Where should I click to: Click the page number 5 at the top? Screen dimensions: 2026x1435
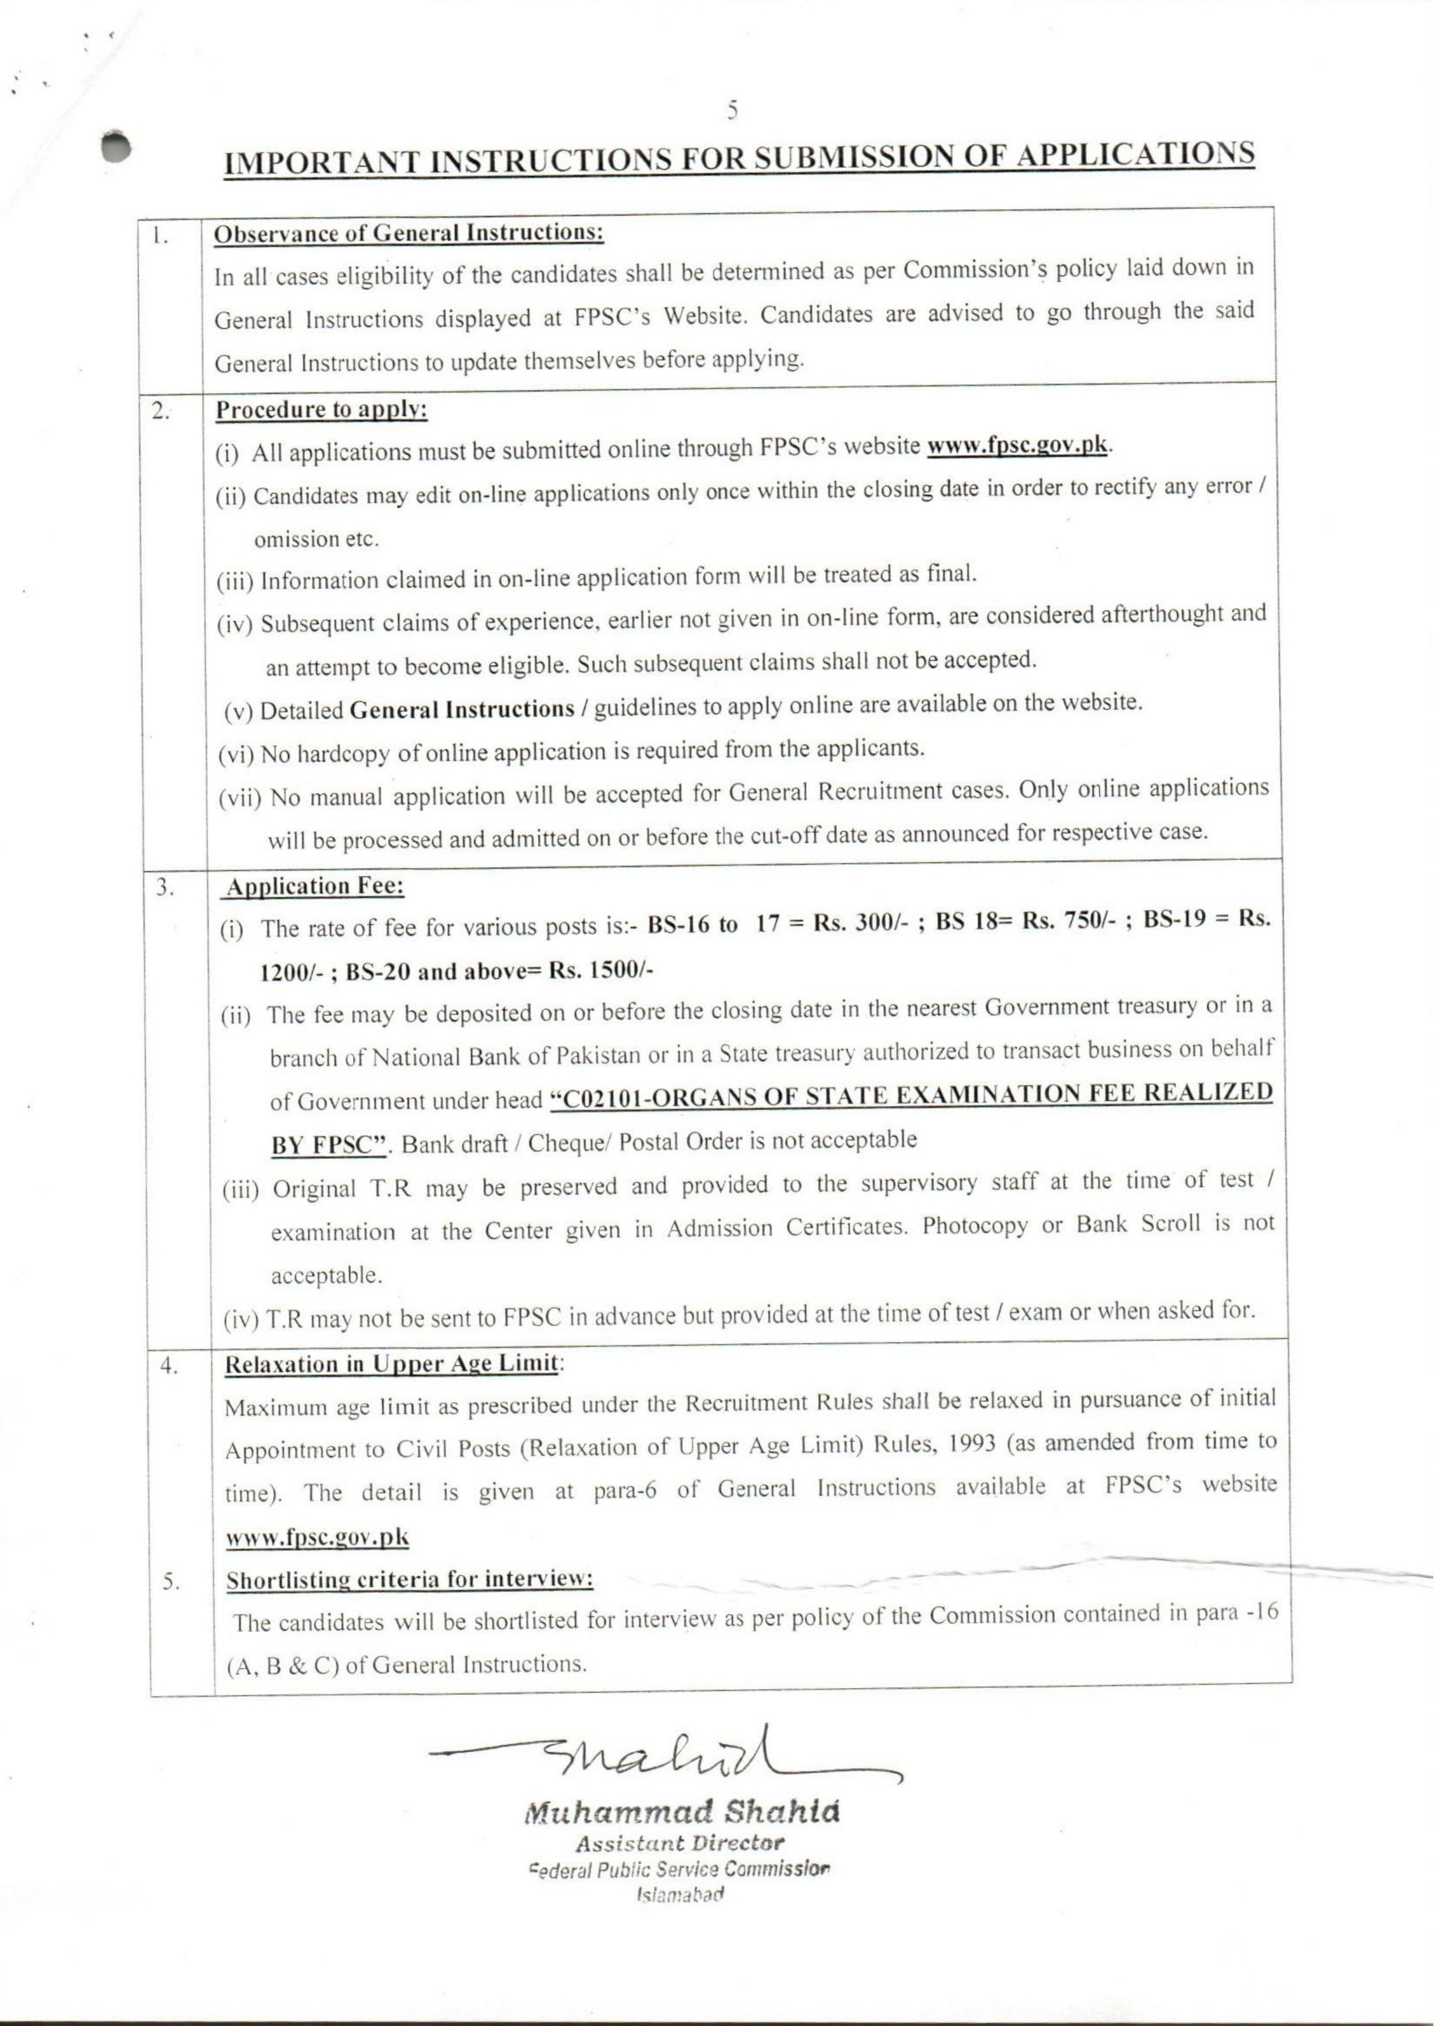732,110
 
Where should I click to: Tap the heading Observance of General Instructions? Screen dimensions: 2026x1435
409,234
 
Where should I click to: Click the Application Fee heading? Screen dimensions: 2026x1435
315,886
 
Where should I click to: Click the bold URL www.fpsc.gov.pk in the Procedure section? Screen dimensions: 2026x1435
1016,444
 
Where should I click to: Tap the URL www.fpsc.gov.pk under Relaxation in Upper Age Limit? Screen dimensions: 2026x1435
317,1536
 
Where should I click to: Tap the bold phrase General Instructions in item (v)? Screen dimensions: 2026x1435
462,709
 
